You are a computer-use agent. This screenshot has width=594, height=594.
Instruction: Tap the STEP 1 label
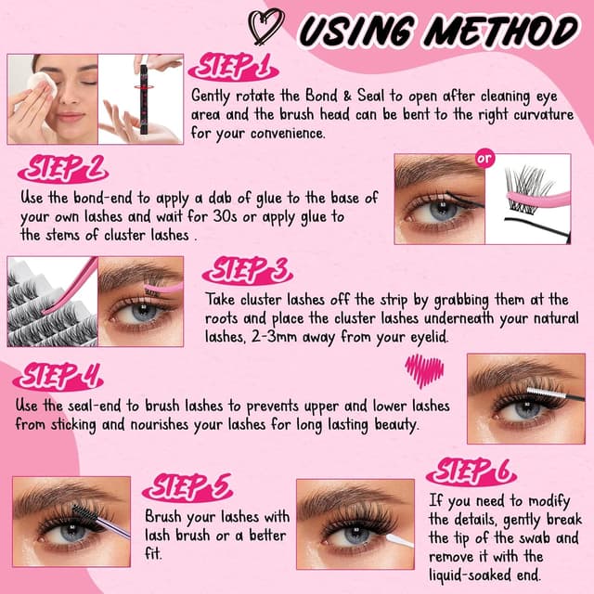click(x=230, y=66)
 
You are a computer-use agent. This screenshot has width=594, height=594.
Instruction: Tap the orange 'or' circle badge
click(x=484, y=159)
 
